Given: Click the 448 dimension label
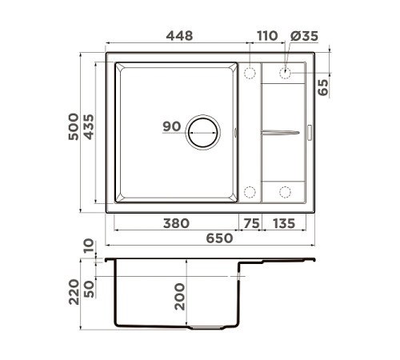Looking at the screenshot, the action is coord(179,36).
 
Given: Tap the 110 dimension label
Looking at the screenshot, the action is coord(267,36).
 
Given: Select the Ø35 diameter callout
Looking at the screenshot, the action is coord(304,36).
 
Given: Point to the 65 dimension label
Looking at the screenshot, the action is coord(323,87).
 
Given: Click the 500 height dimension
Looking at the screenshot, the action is coord(74,126).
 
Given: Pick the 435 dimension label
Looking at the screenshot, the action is coord(89,127).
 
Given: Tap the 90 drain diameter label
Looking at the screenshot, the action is coord(172,126).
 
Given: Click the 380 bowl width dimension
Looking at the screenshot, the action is coord(176,223).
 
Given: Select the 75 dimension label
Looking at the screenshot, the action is coord(251,223).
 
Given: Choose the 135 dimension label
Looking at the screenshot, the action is coord(284,223).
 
